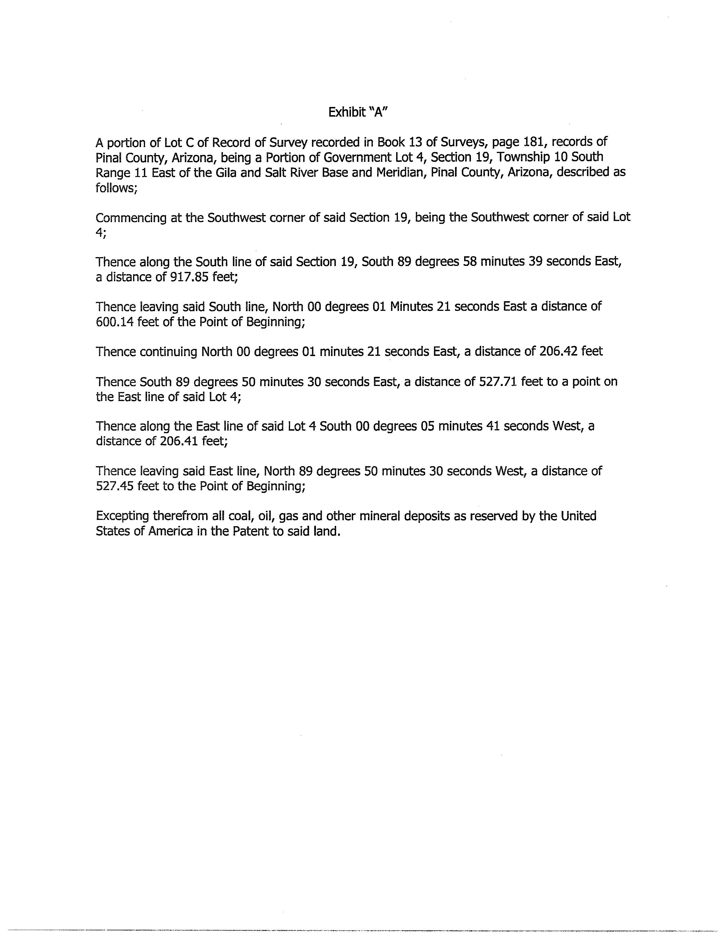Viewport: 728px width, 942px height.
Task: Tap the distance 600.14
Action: point(115,322)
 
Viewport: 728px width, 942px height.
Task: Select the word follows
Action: point(115,188)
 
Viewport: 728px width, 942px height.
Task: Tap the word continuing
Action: point(168,352)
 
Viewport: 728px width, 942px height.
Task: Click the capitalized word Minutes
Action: point(411,306)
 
